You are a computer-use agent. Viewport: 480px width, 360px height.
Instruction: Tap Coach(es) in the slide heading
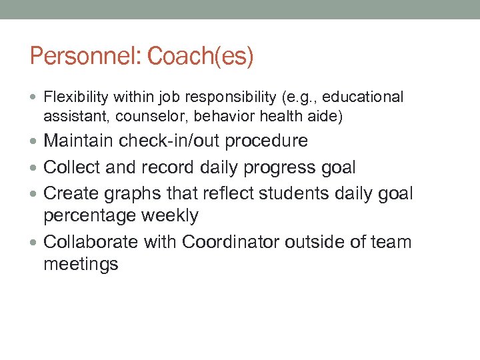[201, 57]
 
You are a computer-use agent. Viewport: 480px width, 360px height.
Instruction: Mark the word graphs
[135, 193]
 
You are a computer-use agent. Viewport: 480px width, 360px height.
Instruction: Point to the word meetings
[81, 264]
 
